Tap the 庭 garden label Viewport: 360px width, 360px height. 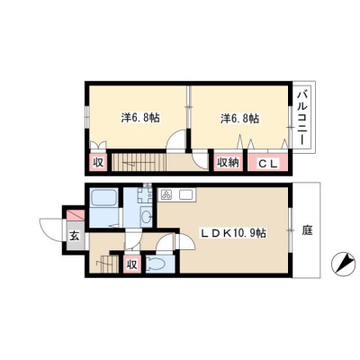[307, 231]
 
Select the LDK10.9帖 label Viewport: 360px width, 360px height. [233, 233]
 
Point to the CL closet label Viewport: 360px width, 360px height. [268, 164]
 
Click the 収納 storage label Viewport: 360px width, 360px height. [228, 163]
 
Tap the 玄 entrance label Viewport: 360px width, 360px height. [75, 236]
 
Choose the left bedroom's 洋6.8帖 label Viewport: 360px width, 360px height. [140, 118]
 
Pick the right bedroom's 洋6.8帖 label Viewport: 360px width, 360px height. [240, 119]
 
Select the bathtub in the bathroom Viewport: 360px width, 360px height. [103, 198]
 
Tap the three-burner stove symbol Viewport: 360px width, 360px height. [166, 195]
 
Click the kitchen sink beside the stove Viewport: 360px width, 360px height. [186, 195]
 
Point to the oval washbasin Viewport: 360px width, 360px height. [146, 217]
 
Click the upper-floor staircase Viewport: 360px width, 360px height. [139, 163]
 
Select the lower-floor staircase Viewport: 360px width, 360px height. [109, 264]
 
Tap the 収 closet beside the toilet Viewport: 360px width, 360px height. [132, 264]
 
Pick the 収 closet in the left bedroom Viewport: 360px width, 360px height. [98, 163]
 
